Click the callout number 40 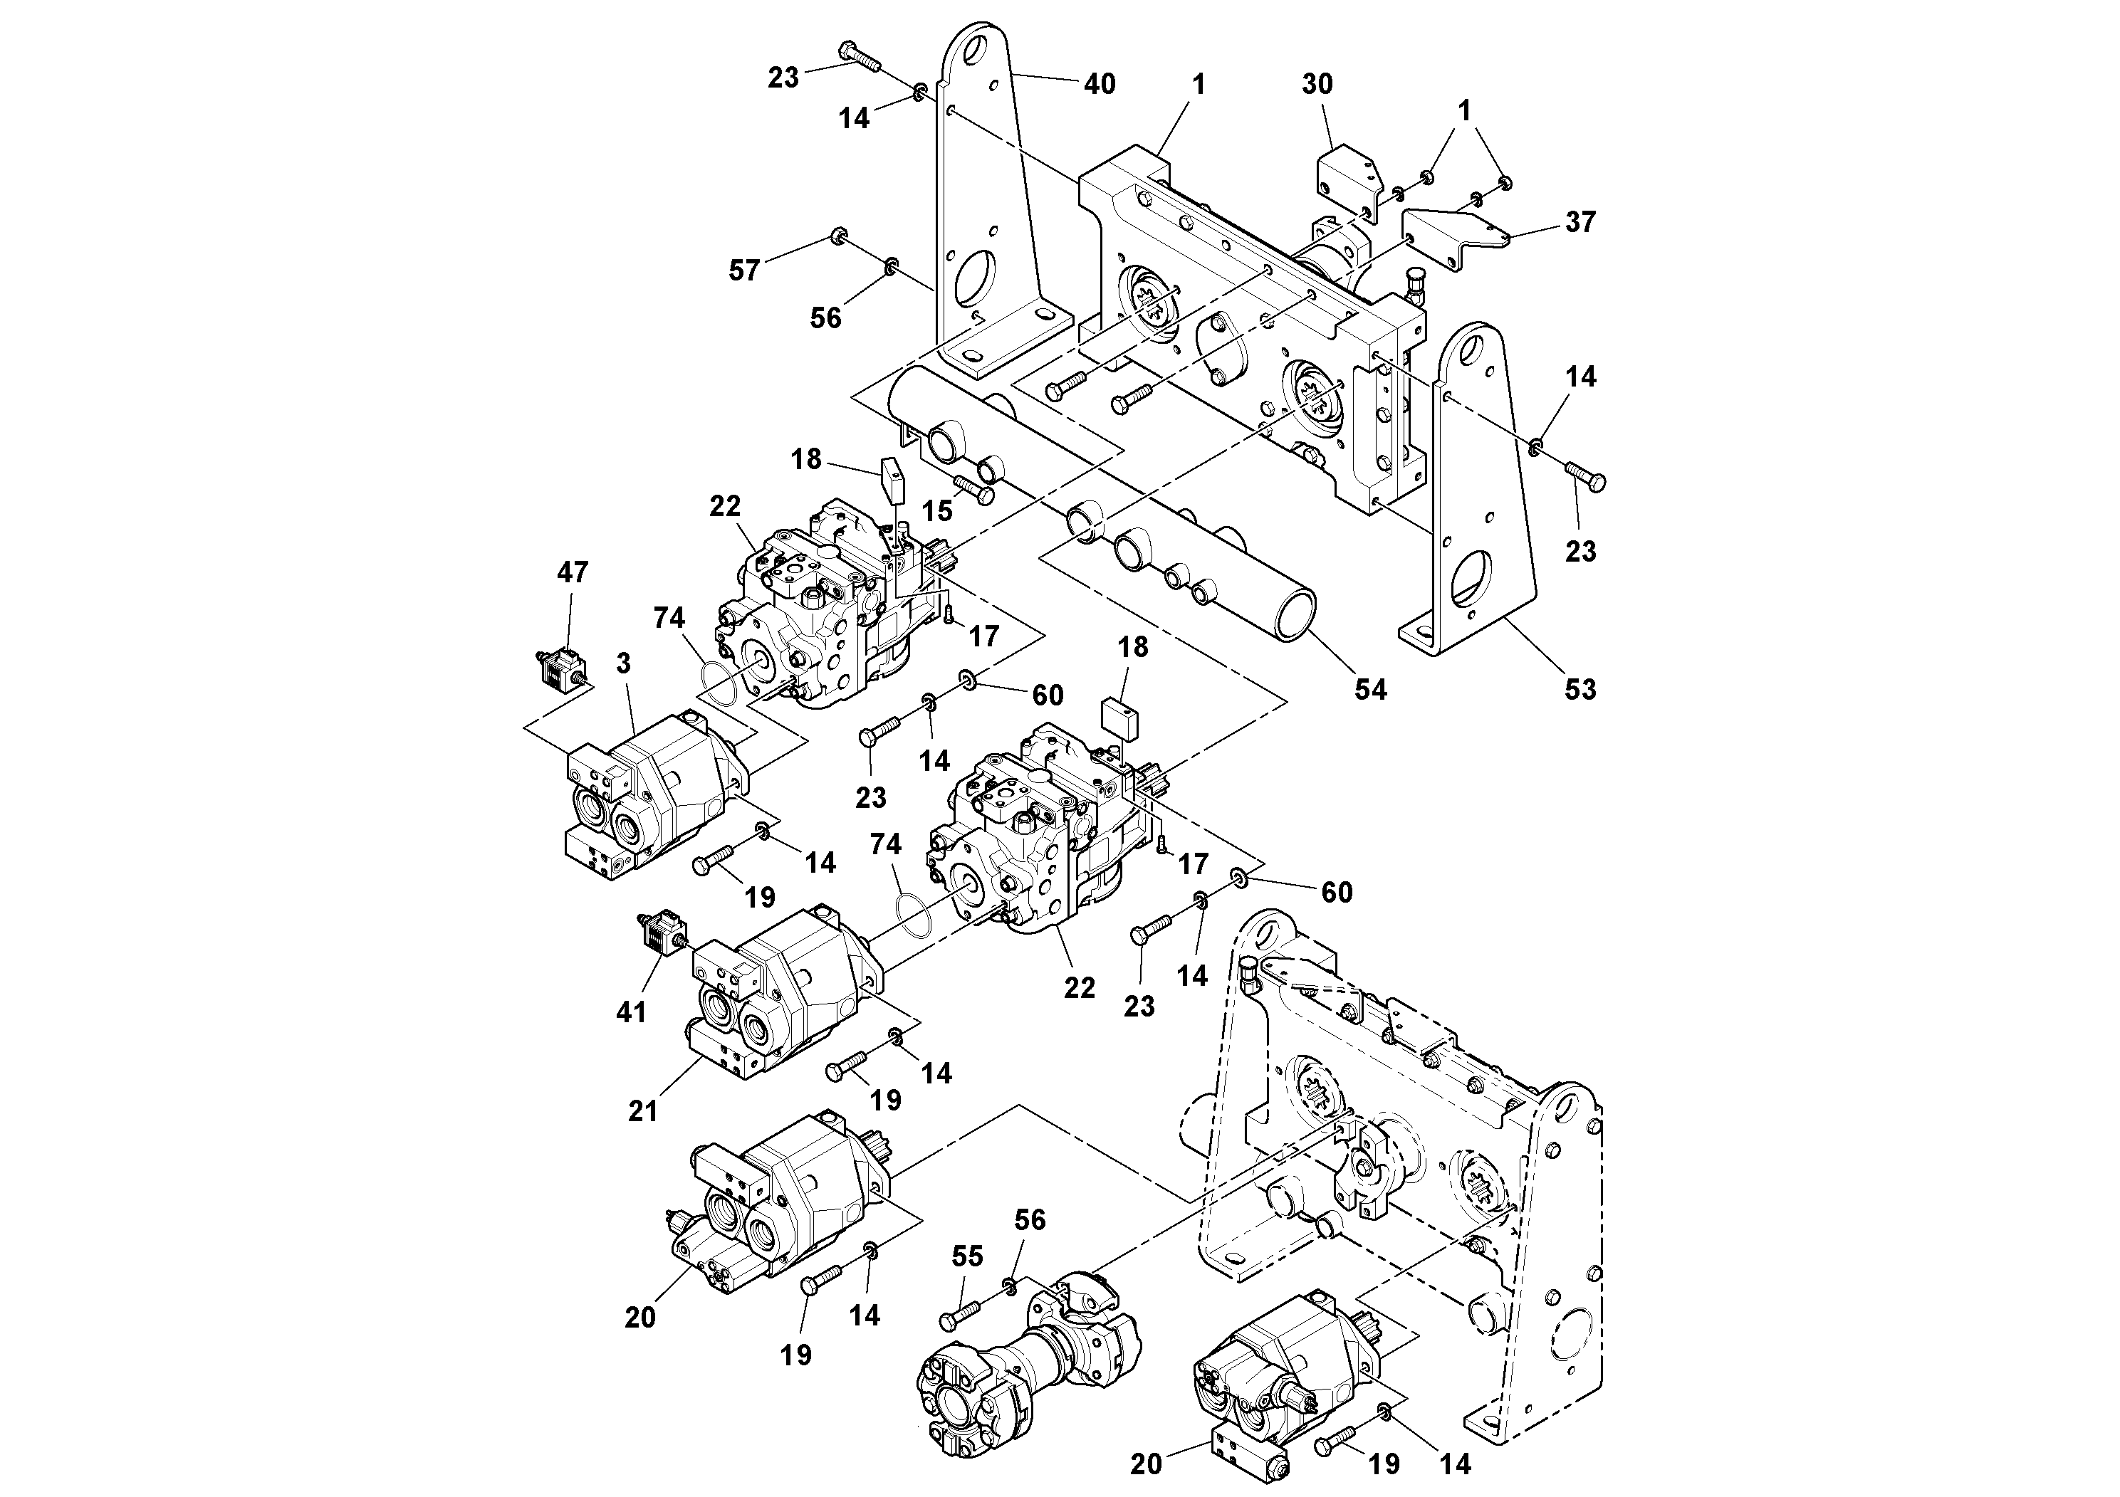tap(1099, 84)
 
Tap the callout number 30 tap(1317, 84)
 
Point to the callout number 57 tap(744, 270)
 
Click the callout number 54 tap(1370, 688)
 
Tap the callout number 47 tap(573, 572)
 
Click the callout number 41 tap(631, 1012)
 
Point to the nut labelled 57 tap(838, 236)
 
